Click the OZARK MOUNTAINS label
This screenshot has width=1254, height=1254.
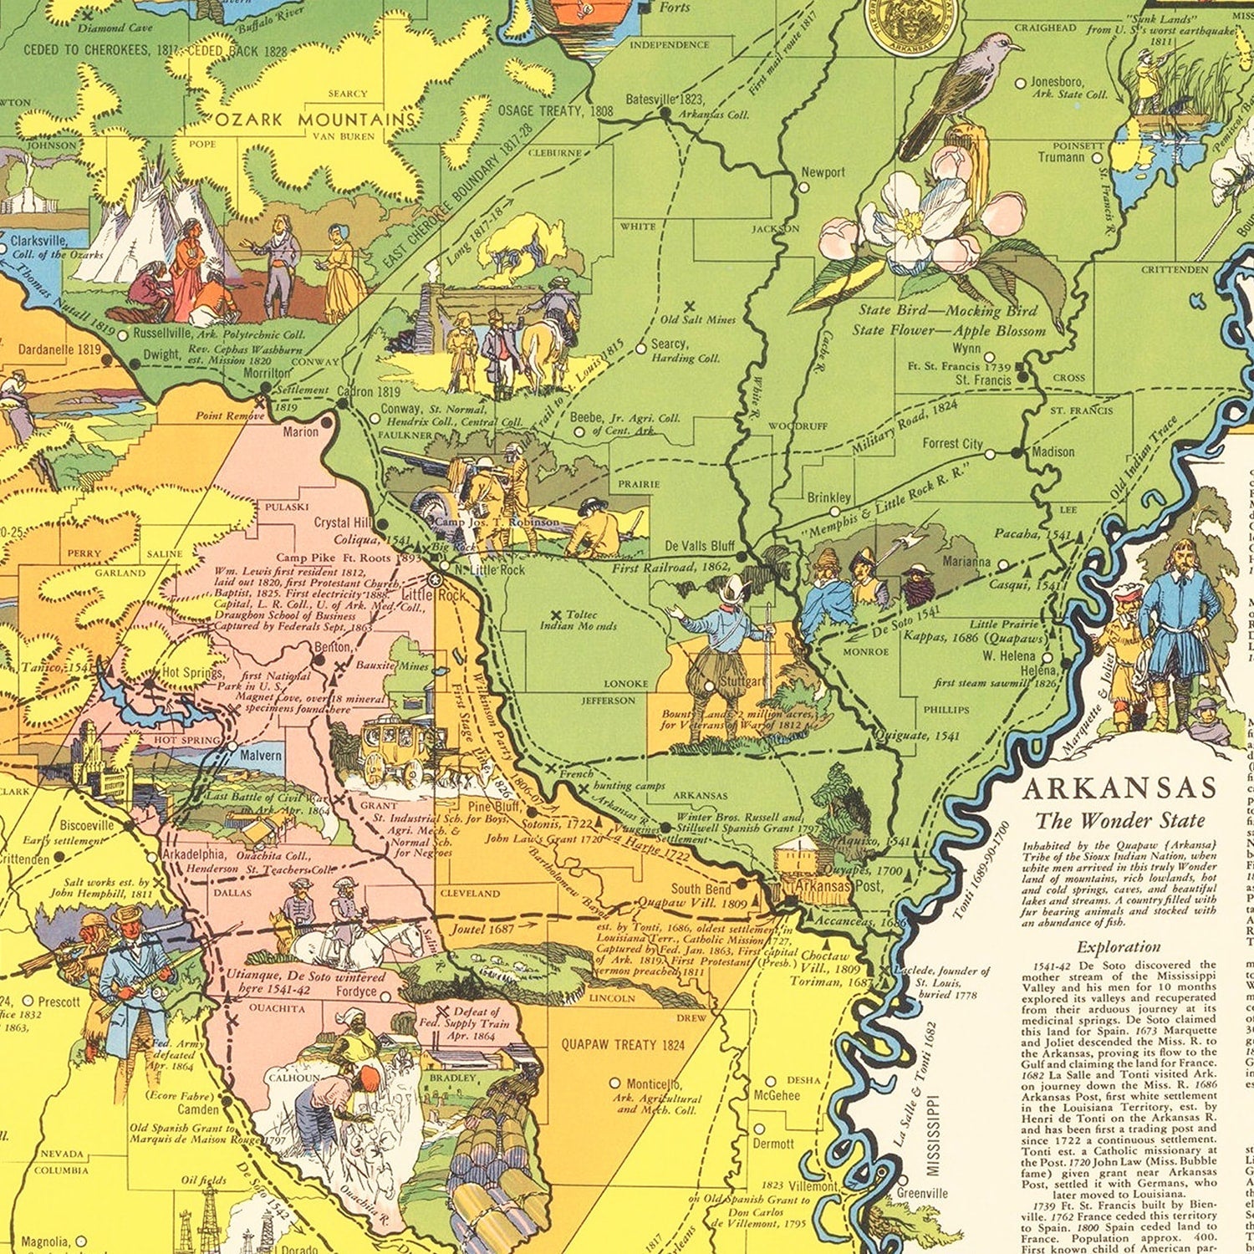point(315,120)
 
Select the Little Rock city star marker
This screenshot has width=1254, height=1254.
point(434,579)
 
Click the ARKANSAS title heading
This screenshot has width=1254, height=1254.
point(1119,788)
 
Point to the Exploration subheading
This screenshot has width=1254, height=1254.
point(1119,947)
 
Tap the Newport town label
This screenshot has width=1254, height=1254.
point(823,172)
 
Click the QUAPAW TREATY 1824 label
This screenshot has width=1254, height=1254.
point(623,1044)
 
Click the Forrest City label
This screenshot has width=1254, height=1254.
point(952,443)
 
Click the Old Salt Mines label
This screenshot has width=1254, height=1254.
point(698,319)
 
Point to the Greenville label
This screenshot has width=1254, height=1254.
point(922,1193)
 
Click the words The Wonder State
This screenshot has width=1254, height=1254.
point(1120,820)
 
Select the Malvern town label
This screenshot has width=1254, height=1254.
point(261,754)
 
